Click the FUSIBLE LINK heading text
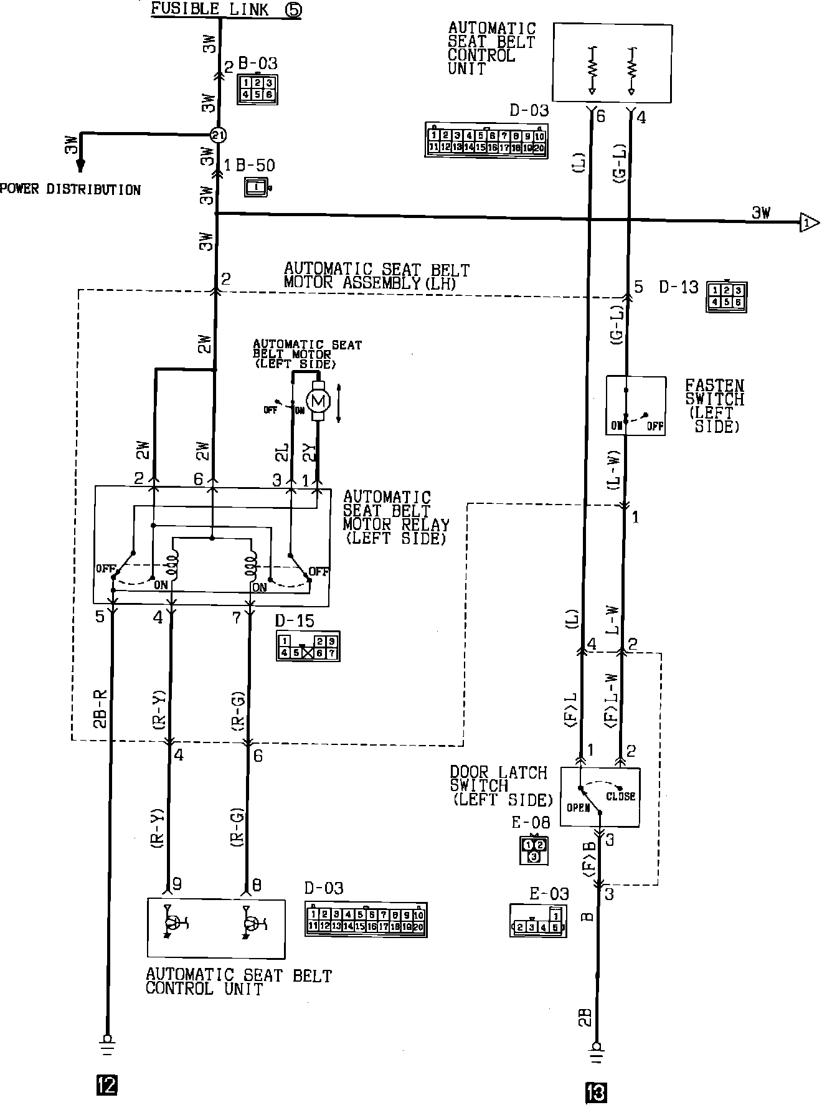point(210,9)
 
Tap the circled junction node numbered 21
point(217,135)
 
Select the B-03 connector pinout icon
point(257,89)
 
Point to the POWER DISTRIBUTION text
point(70,189)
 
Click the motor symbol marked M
point(319,402)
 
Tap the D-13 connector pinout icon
point(727,297)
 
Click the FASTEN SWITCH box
point(636,405)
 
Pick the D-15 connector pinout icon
point(308,647)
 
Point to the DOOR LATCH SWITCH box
point(600,797)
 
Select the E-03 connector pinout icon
point(539,921)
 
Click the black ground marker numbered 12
point(106,1086)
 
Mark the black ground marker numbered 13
point(596,1094)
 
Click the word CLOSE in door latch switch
point(620,796)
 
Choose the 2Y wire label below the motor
point(308,453)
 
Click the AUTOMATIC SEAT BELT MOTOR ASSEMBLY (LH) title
point(376,276)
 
